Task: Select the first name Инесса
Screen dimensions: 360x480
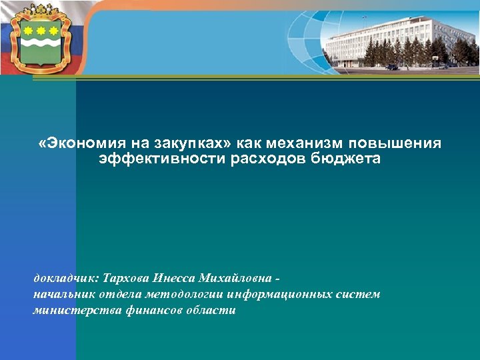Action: [174, 278]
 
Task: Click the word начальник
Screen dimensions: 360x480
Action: [63, 294]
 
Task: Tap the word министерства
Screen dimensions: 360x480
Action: [73, 311]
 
